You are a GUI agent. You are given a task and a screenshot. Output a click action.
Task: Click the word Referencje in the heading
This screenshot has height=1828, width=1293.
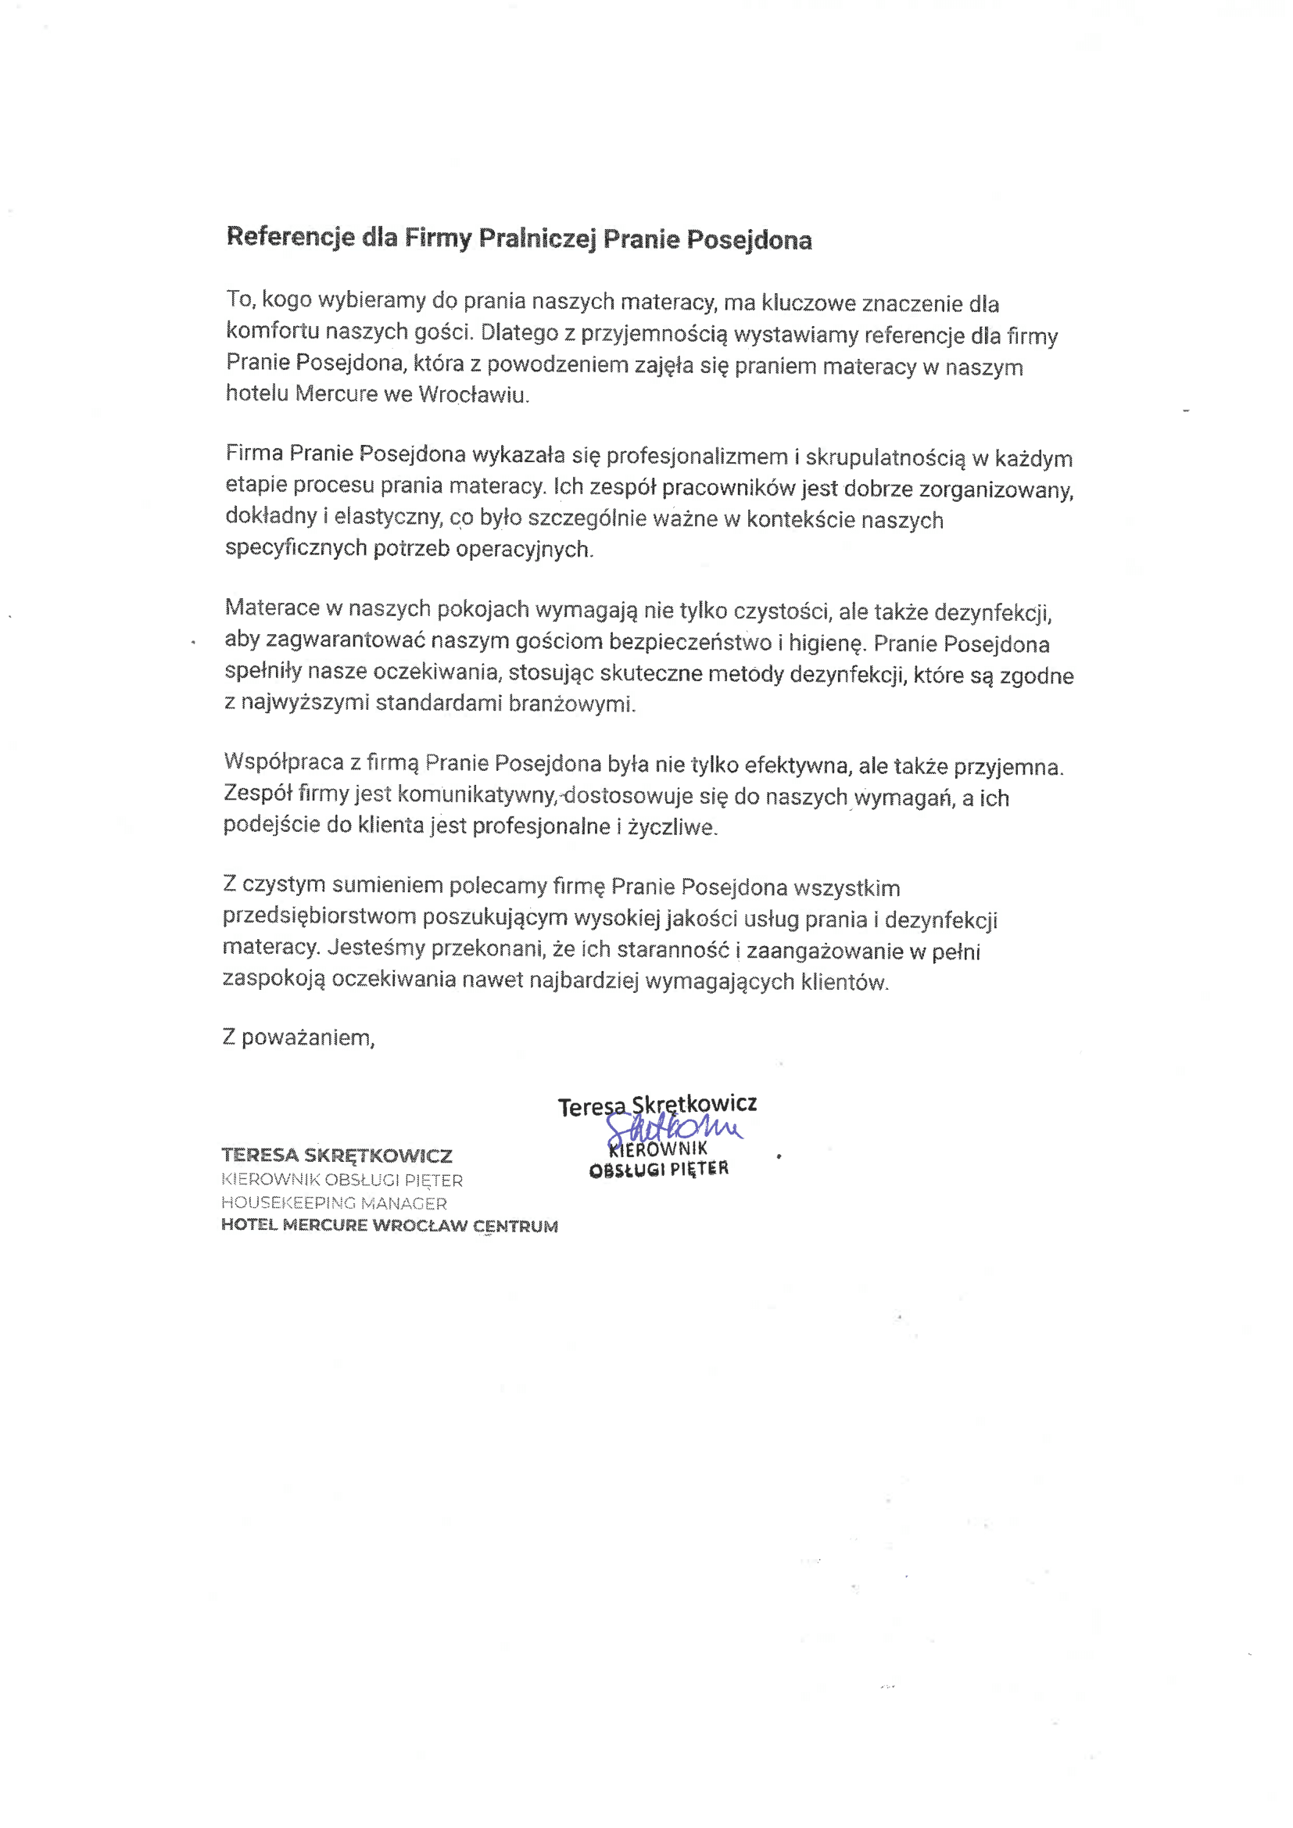click(x=291, y=238)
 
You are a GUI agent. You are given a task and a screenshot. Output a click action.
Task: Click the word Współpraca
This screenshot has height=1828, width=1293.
click(x=284, y=762)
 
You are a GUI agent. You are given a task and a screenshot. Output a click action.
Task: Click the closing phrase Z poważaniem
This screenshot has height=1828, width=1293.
click(x=299, y=1038)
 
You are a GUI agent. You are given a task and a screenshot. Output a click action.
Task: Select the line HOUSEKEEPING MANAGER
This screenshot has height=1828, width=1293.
click(x=334, y=1203)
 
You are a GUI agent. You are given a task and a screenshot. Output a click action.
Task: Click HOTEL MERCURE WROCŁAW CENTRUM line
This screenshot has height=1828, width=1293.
click(x=389, y=1226)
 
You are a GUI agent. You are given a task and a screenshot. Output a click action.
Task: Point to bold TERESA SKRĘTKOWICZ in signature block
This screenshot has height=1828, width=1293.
click(x=337, y=1156)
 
